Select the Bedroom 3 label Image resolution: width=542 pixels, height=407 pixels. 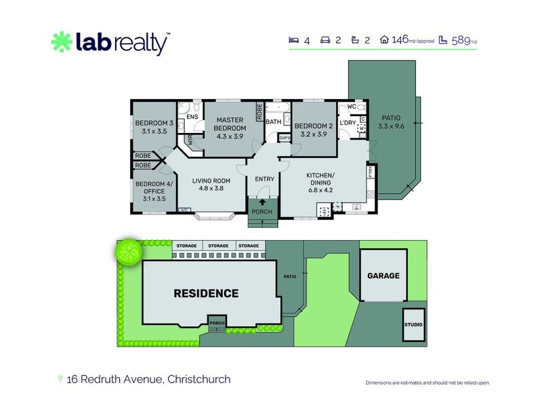click(x=154, y=127)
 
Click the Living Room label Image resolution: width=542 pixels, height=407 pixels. click(x=211, y=185)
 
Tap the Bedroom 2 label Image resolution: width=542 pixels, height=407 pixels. click(x=313, y=130)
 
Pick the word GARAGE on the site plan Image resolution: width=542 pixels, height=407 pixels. click(x=383, y=276)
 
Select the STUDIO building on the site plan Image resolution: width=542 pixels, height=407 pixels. click(x=413, y=325)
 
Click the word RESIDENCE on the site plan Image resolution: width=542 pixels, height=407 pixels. click(x=206, y=294)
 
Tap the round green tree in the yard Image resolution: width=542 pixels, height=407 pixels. click(x=127, y=252)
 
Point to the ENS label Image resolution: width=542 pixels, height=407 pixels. click(x=192, y=117)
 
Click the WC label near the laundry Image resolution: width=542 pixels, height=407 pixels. click(x=352, y=107)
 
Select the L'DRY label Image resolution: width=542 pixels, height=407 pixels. click(x=348, y=122)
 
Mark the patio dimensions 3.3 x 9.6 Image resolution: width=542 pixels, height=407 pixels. click(x=390, y=125)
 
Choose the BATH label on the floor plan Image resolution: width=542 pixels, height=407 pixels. click(x=274, y=122)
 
